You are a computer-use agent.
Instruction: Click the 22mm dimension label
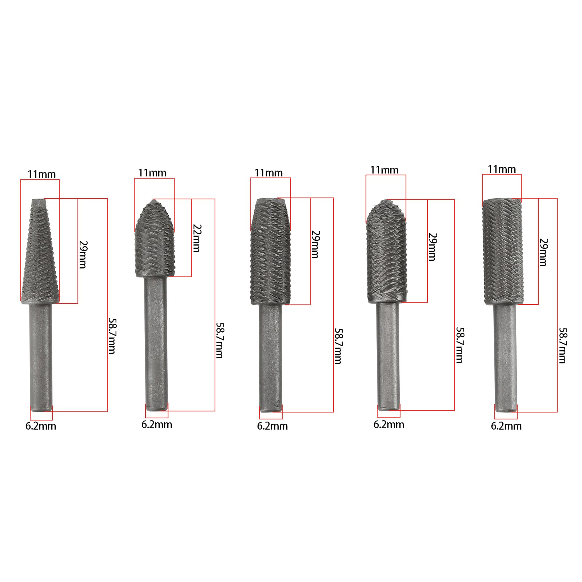coord(197,238)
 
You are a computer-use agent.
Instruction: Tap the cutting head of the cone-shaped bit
coord(40,251)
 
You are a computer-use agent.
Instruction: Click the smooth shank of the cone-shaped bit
coord(41,358)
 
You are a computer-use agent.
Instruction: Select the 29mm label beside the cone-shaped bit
coord(83,254)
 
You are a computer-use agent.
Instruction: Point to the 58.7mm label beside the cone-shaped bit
coord(112,336)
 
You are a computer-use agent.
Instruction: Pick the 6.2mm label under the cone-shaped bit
coord(41,426)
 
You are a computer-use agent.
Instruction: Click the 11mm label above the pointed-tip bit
coord(152,173)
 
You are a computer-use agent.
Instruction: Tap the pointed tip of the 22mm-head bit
coord(154,200)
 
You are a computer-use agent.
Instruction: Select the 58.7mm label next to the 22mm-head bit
coord(220,340)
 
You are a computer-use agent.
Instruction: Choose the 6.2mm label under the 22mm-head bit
coord(157,424)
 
